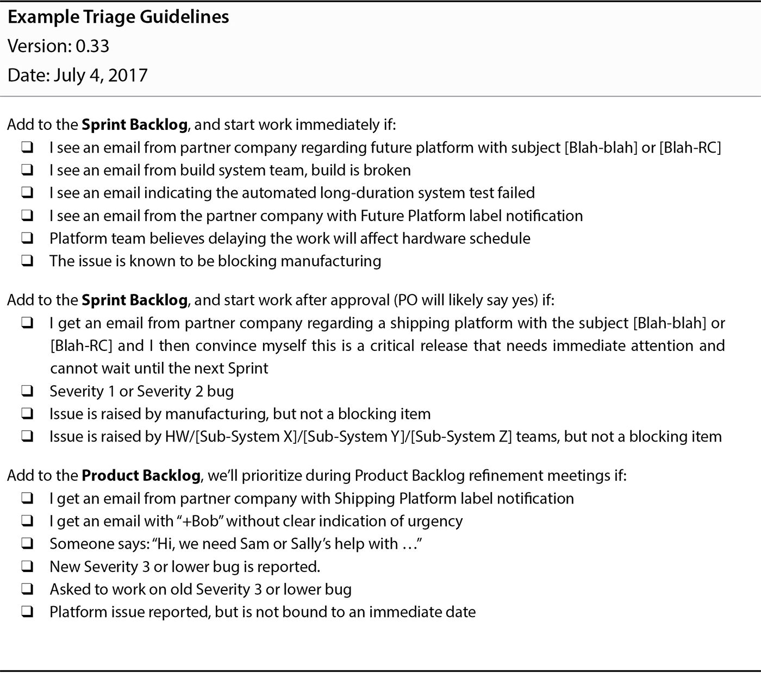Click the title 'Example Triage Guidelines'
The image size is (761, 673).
click(118, 17)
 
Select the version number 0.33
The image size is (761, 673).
click(92, 46)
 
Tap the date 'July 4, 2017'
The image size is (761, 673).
click(101, 75)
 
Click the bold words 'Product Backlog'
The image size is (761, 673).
click(141, 476)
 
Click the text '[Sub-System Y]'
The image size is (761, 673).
click(356, 437)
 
